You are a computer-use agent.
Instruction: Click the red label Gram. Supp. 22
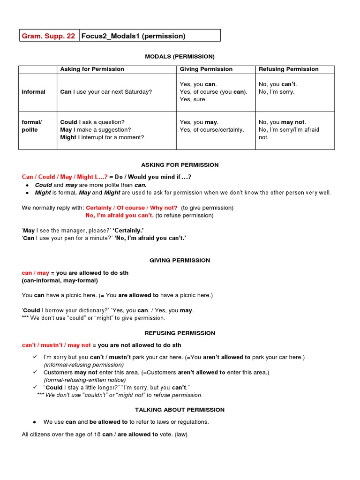[x=48, y=36]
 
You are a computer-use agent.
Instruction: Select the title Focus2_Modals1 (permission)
[x=134, y=36]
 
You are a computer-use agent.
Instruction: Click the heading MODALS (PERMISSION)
[x=180, y=56]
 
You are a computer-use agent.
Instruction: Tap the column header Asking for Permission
[x=92, y=69]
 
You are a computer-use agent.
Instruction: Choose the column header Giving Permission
[x=206, y=69]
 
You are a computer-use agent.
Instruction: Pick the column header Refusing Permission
[x=289, y=69]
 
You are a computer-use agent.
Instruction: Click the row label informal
[x=34, y=92]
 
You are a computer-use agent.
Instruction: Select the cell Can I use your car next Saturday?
[x=106, y=92]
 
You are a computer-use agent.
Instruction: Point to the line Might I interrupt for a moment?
[x=102, y=137]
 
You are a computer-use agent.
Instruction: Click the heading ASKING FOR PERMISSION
[x=180, y=165]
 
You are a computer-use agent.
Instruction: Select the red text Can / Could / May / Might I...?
[x=65, y=177]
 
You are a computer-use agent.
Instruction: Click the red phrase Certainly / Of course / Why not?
[x=132, y=208]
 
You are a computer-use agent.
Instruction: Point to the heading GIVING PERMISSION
[x=180, y=260]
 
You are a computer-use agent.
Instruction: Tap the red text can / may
[x=35, y=273]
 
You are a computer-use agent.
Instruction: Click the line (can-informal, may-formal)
[x=60, y=280]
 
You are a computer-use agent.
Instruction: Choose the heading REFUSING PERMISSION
[x=180, y=333]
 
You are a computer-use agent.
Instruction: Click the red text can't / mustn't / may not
[x=56, y=345]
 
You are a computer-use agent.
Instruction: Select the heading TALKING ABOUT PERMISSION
[x=180, y=410]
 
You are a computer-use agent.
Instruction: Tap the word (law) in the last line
[x=181, y=435]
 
